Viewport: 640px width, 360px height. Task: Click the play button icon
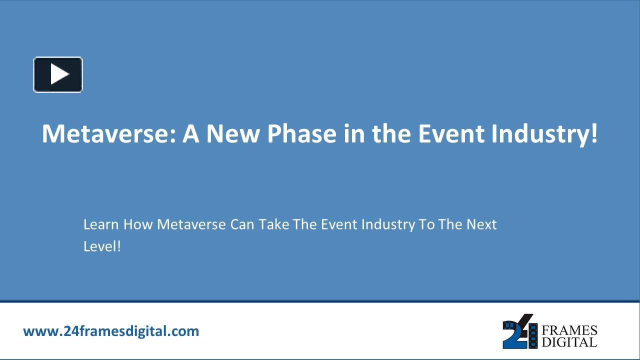click(58, 74)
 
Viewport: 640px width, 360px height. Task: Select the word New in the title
click(233, 133)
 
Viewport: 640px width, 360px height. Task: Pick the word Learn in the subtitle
click(101, 224)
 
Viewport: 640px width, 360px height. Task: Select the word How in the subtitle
click(138, 224)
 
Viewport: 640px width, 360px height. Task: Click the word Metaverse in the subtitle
click(191, 224)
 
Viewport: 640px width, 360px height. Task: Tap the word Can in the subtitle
click(242, 224)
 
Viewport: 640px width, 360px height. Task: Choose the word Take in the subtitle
click(274, 224)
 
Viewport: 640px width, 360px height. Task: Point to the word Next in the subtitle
click(481, 224)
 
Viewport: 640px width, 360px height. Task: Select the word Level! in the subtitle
click(102, 246)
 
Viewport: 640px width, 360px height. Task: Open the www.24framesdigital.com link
click(111, 331)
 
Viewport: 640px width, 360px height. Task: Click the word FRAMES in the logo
click(569, 330)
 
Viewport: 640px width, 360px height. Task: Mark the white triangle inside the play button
click(59, 74)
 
